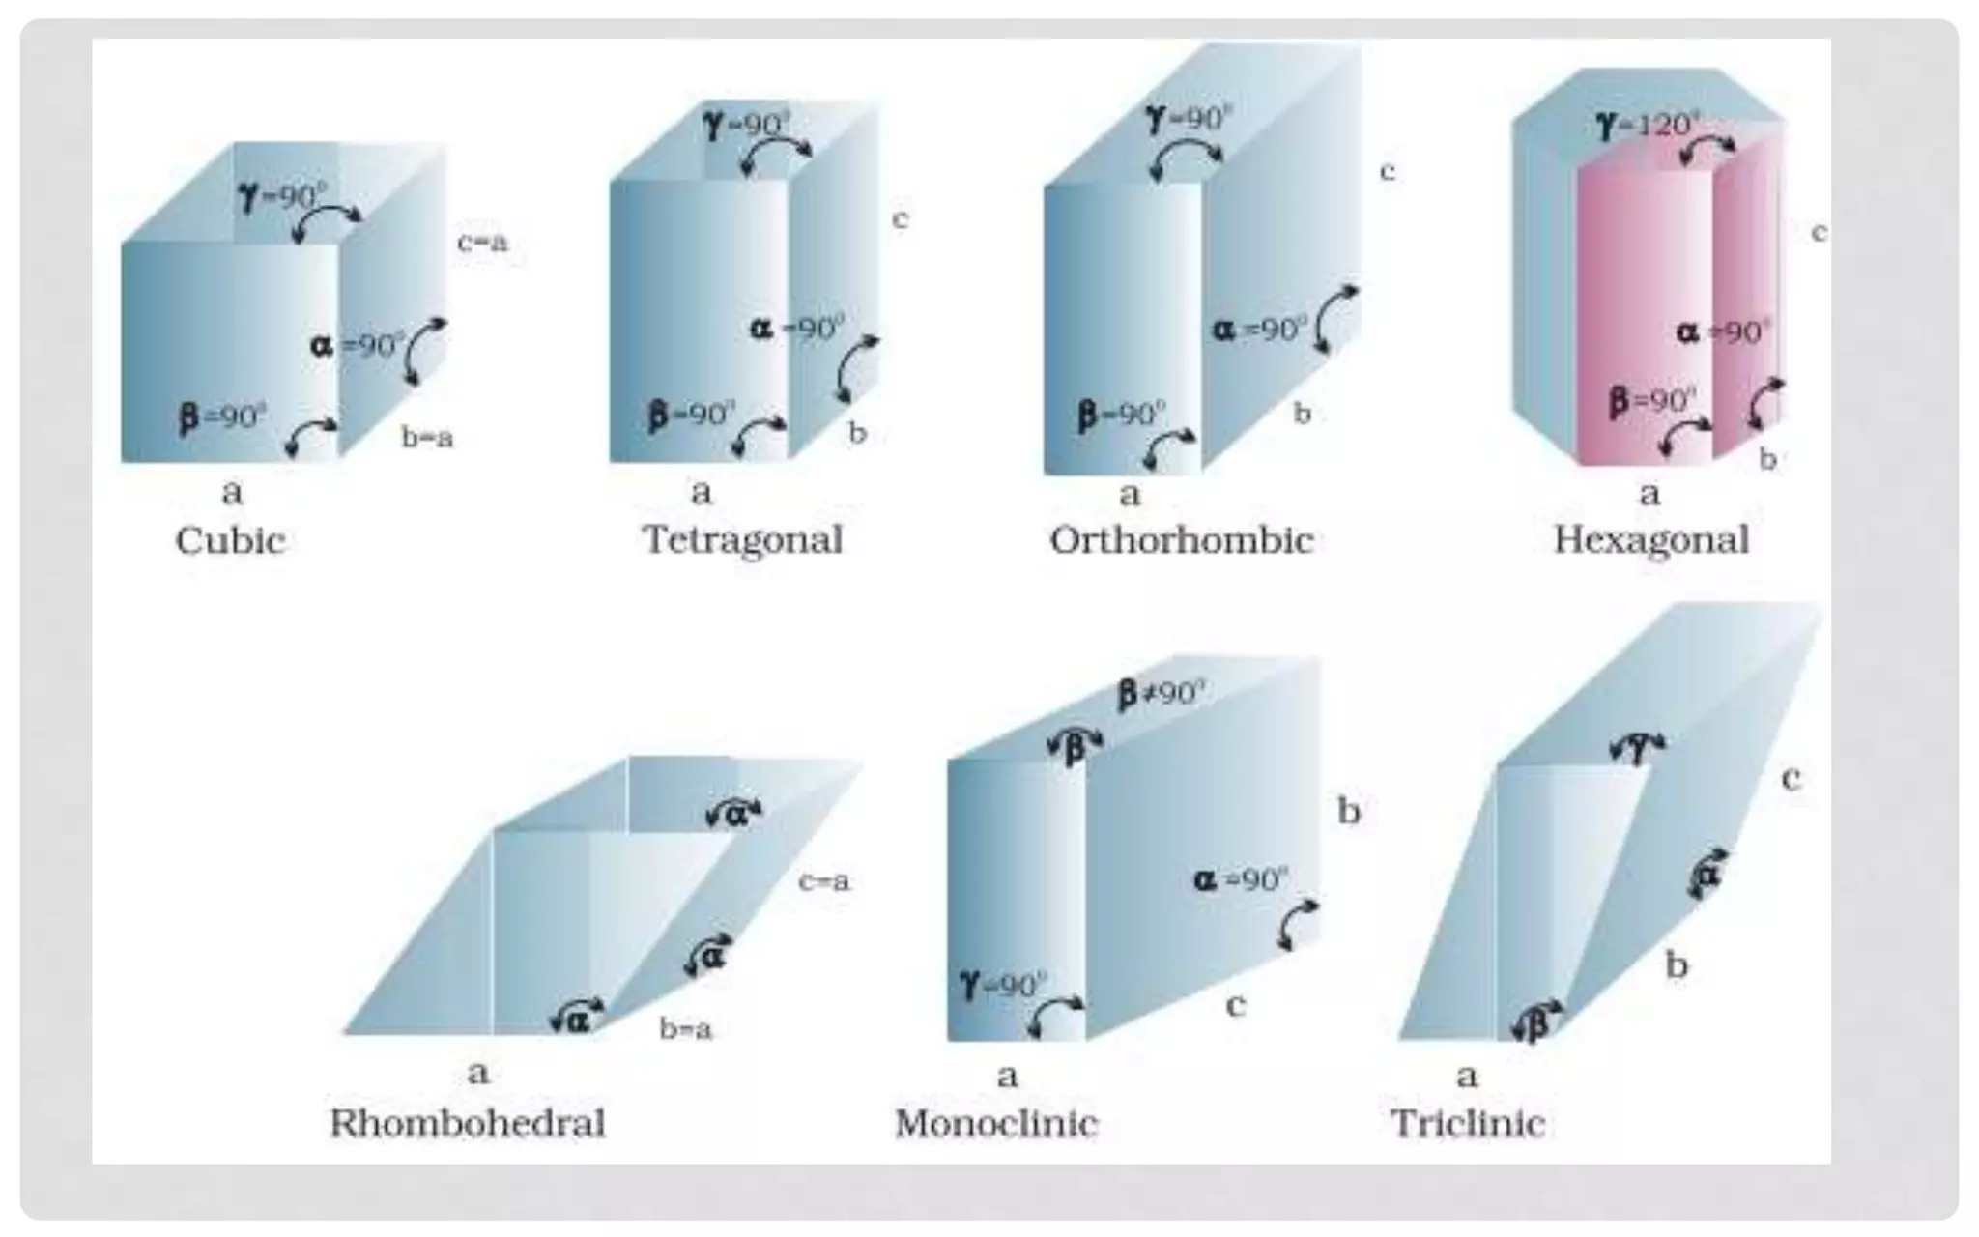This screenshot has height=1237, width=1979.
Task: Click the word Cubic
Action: [x=230, y=540]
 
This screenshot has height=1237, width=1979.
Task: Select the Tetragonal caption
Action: [x=743, y=539]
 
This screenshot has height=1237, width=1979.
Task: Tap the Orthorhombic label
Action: [x=1181, y=540]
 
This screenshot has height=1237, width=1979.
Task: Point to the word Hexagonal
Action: [x=1651, y=540]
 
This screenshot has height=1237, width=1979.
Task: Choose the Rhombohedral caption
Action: [x=468, y=1123]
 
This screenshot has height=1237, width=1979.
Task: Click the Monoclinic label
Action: [x=996, y=1123]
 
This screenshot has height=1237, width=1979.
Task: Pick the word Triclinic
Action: [x=1468, y=1123]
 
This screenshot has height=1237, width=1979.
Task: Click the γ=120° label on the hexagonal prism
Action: [x=1649, y=125]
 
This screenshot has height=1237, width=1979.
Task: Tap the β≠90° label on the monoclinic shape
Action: [x=1162, y=693]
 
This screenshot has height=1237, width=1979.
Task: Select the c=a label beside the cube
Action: [x=482, y=242]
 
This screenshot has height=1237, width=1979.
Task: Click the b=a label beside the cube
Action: [x=427, y=438]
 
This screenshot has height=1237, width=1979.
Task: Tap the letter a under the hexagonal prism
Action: [x=1649, y=494]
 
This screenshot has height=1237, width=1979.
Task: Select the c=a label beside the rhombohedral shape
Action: [x=823, y=881]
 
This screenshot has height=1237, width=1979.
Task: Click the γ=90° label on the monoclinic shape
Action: [x=1004, y=985]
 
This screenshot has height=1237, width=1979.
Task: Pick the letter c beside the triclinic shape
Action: [x=1791, y=779]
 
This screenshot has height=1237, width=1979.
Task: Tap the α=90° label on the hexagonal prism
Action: [x=1723, y=332]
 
